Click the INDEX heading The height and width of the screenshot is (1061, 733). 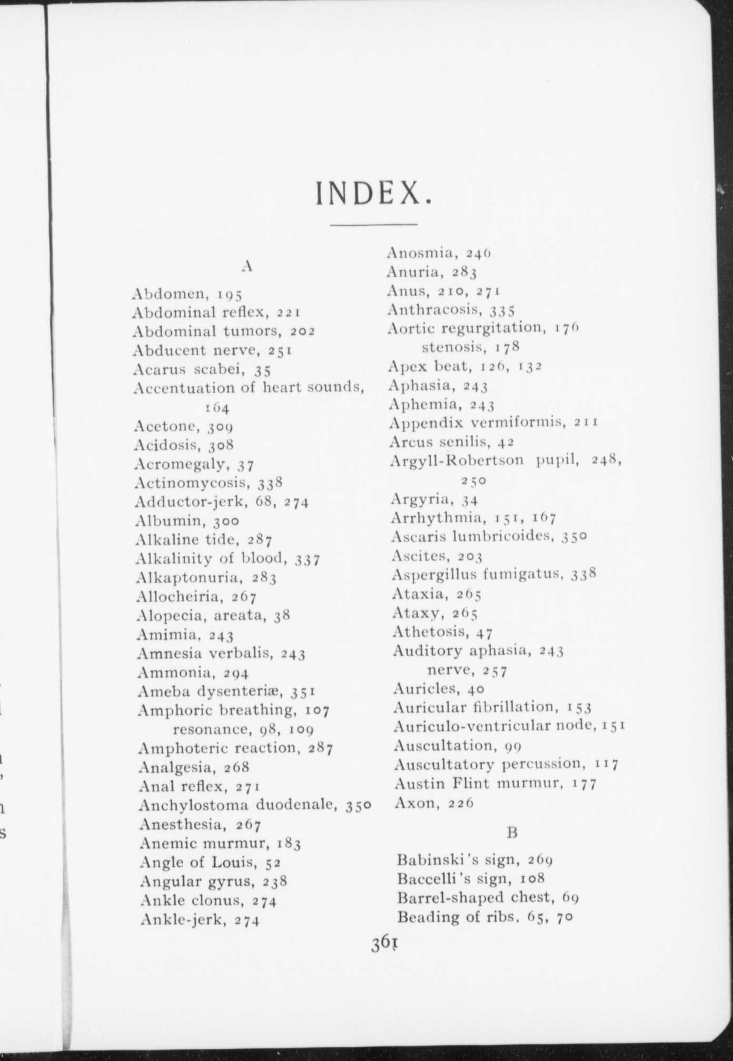(x=373, y=194)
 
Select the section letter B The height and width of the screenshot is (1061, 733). (x=512, y=833)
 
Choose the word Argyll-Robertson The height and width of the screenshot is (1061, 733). (x=457, y=461)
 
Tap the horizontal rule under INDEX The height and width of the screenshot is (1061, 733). (x=373, y=225)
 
